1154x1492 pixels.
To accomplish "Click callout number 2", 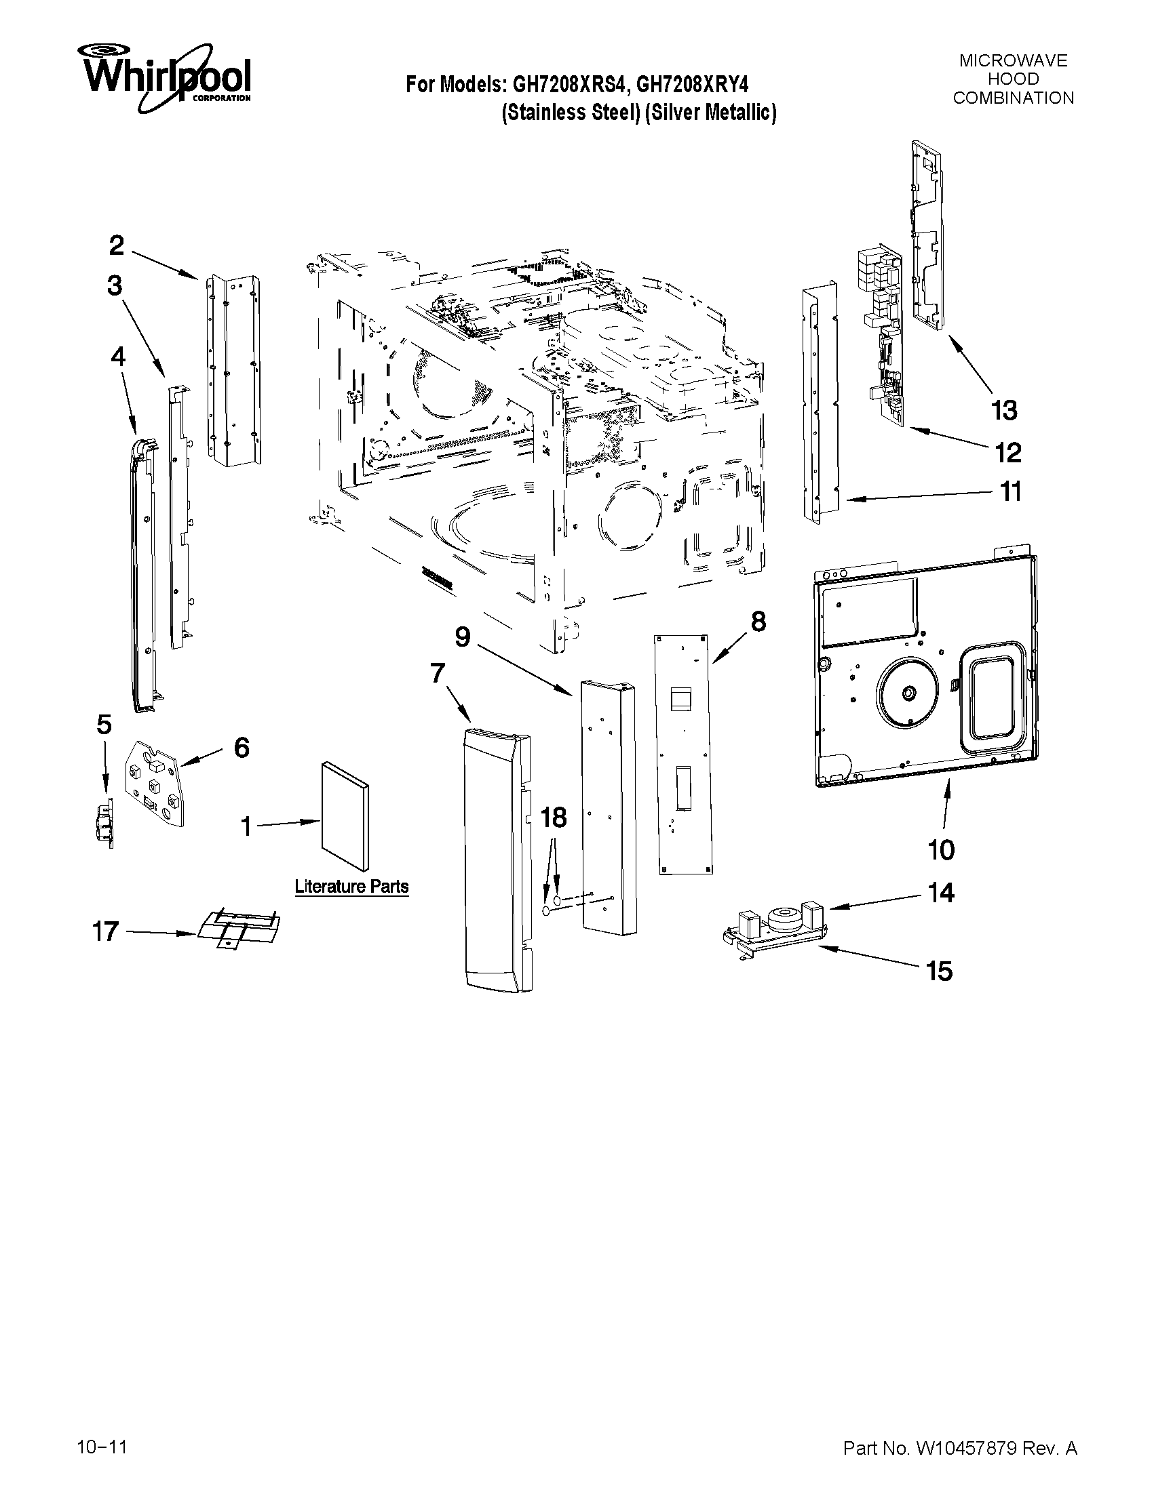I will tap(117, 245).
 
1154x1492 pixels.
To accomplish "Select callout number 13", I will tap(1004, 411).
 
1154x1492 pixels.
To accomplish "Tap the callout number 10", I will tap(941, 851).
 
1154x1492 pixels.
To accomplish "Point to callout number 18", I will tap(554, 818).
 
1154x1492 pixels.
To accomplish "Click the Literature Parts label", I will tap(351, 887).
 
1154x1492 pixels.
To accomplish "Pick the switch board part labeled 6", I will tap(156, 784).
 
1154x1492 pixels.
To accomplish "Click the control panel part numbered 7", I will tap(496, 861).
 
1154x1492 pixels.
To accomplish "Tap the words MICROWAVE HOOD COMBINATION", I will tap(1013, 79).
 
